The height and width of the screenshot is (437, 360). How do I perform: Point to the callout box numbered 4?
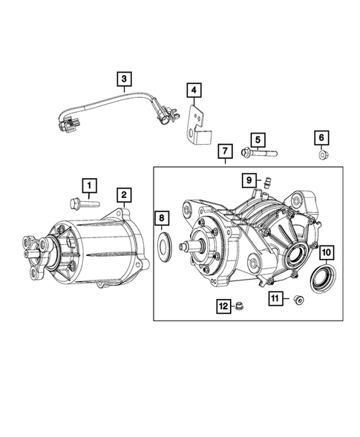(x=193, y=91)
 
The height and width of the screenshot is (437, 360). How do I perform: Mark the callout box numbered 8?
(x=163, y=218)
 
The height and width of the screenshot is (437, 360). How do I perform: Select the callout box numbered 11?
(x=275, y=299)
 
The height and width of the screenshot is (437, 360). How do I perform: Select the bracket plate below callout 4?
(x=196, y=122)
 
